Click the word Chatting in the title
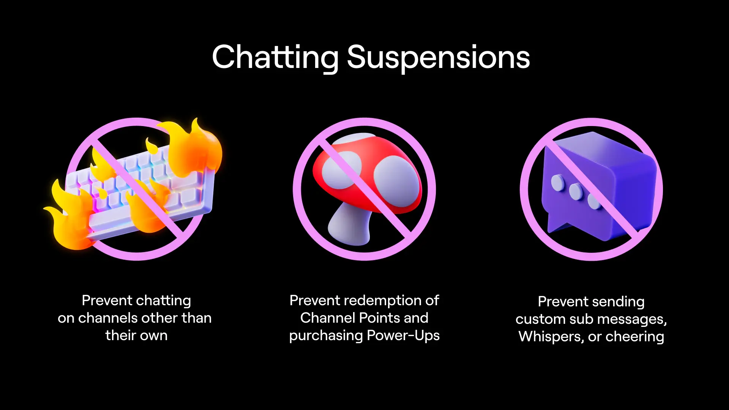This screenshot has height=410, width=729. (275, 57)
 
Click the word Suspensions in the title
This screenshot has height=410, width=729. (439, 57)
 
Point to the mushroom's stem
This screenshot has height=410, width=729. (349, 224)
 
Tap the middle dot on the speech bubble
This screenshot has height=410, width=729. (576, 191)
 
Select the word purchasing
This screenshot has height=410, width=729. (326, 336)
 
